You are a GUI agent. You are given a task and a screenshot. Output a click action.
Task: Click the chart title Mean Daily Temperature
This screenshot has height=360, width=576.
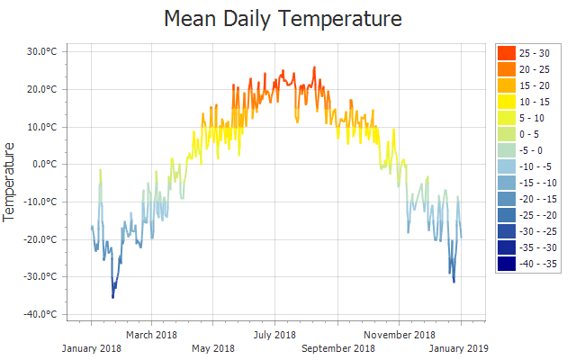[283, 18]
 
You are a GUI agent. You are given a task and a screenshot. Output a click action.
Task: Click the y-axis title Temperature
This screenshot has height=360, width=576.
[11, 182]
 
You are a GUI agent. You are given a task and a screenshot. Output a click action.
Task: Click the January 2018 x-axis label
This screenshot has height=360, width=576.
[92, 348]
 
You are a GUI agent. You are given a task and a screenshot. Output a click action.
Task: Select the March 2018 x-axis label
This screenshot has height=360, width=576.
[151, 336]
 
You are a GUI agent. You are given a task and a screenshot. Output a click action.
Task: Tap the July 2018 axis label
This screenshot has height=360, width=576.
[274, 336]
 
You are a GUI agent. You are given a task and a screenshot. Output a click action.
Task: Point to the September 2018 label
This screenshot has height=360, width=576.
[338, 348]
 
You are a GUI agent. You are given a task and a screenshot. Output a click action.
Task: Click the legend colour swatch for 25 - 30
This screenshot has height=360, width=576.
[506, 53]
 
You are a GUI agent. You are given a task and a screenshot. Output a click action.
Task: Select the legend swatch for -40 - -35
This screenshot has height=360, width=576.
[506, 263]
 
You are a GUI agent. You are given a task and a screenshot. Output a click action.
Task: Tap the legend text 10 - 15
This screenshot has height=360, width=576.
[535, 102]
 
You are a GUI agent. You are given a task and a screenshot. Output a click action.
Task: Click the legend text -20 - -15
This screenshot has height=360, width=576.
[538, 199]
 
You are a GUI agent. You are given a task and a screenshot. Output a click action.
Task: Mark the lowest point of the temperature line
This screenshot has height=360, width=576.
[112, 297]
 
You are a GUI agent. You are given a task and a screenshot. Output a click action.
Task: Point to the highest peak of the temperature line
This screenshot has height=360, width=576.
[314, 67]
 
